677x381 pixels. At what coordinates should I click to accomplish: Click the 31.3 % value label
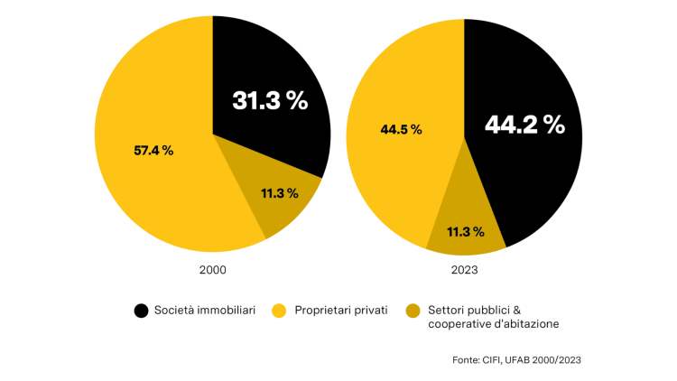(x=270, y=100)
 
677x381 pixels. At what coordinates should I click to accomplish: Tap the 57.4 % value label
(x=153, y=150)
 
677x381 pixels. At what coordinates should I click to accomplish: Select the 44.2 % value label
(x=524, y=125)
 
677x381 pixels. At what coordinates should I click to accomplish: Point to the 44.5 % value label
(x=401, y=129)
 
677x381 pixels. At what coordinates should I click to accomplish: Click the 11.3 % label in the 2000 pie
(x=280, y=193)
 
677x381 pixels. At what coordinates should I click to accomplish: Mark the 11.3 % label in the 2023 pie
(x=466, y=232)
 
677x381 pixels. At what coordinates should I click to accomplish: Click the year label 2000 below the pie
(x=213, y=270)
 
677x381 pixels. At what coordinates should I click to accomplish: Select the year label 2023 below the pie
(x=464, y=270)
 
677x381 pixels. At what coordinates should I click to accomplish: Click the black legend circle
(x=141, y=311)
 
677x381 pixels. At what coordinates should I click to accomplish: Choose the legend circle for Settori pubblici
(x=413, y=311)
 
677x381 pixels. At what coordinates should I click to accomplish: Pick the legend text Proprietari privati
(x=341, y=311)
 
